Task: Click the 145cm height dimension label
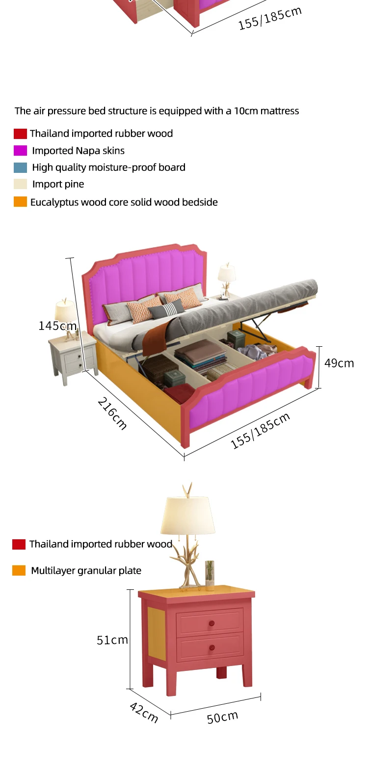click(x=57, y=326)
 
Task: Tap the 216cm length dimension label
click(x=112, y=414)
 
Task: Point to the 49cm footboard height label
click(x=339, y=363)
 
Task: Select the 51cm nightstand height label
click(x=112, y=640)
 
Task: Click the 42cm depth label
click(x=144, y=712)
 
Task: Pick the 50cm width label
click(x=222, y=717)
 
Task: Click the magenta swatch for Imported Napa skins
click(x=20, y=150)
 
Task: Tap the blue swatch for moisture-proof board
click(x=20, y=167)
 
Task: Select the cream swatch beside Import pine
click(x=20, y=184)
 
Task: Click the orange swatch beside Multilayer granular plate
click(x=19, y=570)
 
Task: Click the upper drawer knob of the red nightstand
click(x=211, y=623)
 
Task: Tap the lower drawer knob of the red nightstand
click(x=211, y=648)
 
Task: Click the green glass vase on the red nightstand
click(x=210, y=575)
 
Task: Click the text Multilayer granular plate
click(x=86, y=571)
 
